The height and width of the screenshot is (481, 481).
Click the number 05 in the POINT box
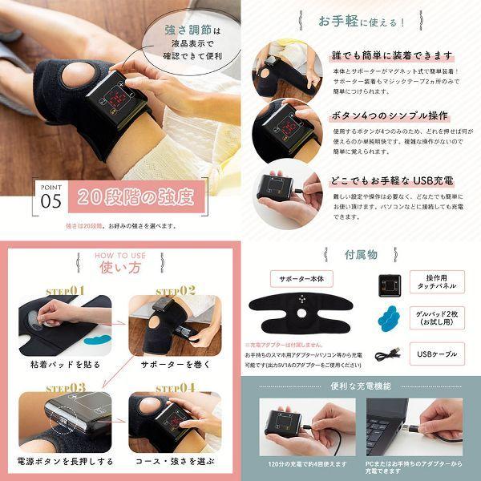pos(51,201)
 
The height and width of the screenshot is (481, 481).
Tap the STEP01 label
pos(65,291)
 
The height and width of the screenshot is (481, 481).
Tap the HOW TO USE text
pos(120,256)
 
